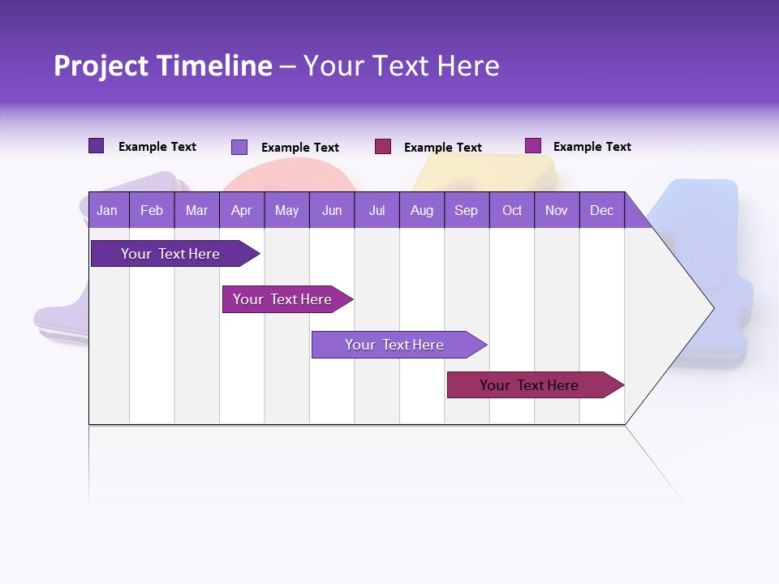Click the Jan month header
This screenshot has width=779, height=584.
point(107,211)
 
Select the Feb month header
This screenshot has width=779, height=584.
point(152,211)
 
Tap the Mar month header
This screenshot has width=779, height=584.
point(196,211)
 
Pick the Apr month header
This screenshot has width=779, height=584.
point(242,211)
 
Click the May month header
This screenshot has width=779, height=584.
point(286,211)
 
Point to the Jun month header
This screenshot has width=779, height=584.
point(332,211)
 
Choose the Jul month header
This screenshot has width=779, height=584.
point(377,211)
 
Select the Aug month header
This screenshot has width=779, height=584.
point(421,211)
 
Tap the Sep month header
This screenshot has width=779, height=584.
point(467,211)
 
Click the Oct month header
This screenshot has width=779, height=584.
point(512,211)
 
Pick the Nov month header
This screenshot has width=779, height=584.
point(557,211)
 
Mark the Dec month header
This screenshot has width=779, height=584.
point(601,211)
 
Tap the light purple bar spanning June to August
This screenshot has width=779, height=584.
point(395,345)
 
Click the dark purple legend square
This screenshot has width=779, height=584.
point(97,146)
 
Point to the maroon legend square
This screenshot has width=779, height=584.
point(383,147)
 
